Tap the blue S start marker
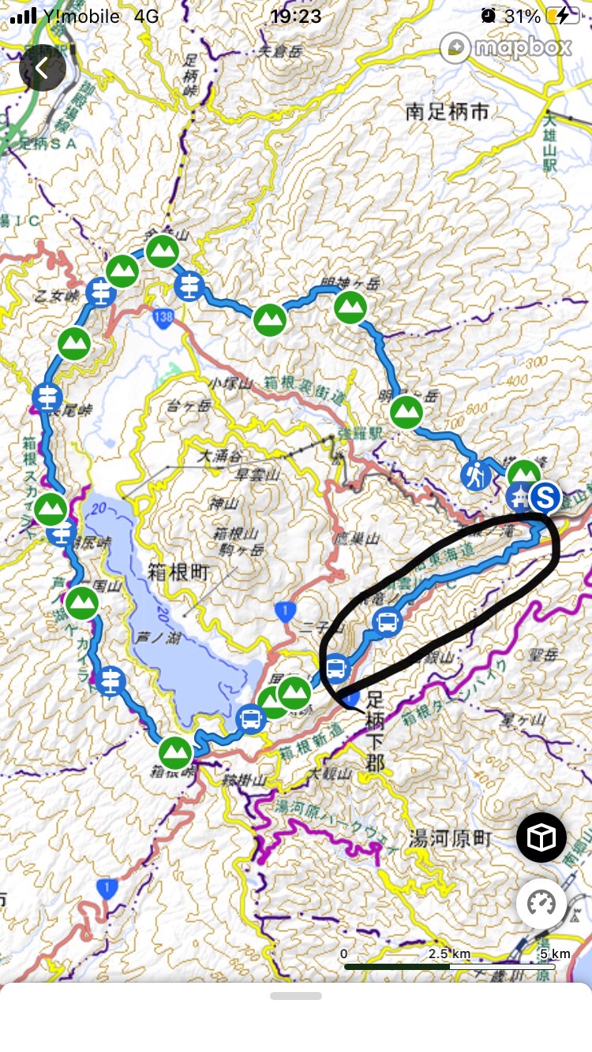[545, 497]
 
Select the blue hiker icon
[476, 476]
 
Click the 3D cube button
[541, 838]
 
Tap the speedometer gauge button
[541, 903]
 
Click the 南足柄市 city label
[448, 112]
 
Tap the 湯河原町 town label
[451, 837]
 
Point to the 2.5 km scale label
[449, 953]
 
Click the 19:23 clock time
[295, 16]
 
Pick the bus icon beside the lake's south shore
[250, 718]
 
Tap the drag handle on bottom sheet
[295, 996]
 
